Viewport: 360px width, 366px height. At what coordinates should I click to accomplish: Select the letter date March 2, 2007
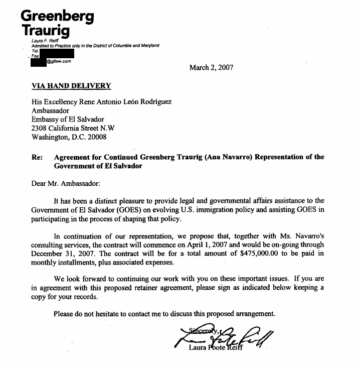[x=211, y=67]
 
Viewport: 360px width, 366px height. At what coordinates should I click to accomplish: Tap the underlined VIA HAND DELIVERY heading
[x=71, y=86]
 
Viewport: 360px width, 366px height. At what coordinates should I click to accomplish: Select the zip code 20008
[x=96, y=137]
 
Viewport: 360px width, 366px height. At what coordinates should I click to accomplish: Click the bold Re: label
[x=37, y=157]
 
